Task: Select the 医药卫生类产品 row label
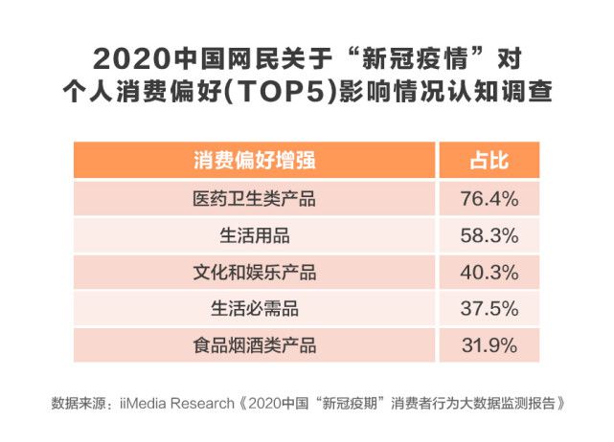tap(254, 199)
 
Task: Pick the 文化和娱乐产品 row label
tap(254, 272)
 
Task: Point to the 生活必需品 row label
tap(254, 308)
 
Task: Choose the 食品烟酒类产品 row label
tap(254, 344)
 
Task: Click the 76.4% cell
tap(489, 199)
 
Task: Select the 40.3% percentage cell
tap(489, 272)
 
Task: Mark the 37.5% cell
tap(489, 308)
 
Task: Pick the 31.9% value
tap(489, 344)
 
